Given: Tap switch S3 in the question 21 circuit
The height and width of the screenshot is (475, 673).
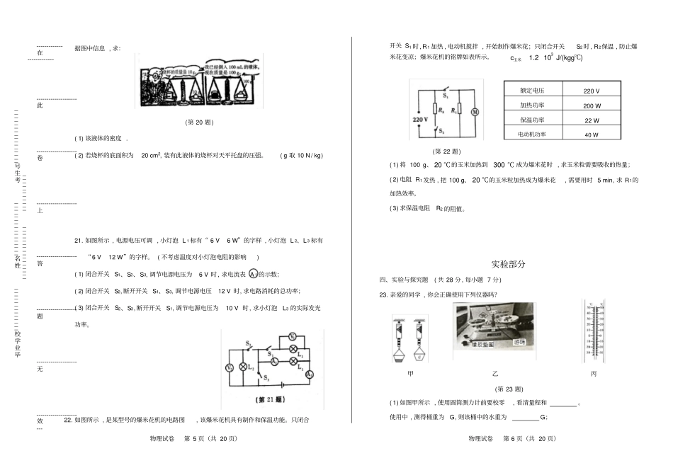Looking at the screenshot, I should pos(261,375).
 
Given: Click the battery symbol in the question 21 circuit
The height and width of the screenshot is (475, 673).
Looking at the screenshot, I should pos(282,386).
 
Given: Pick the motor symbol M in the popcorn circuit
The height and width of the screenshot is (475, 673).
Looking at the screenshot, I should pos(475,111).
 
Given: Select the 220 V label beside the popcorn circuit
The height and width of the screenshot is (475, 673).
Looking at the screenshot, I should pos(422,120).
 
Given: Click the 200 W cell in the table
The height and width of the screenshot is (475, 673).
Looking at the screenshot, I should pos(592,105).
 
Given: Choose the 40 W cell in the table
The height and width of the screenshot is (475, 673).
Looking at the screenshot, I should pos(592,135).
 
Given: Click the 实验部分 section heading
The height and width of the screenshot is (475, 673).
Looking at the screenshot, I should pos(509,264).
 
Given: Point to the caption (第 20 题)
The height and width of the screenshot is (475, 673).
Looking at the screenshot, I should pos(199,122).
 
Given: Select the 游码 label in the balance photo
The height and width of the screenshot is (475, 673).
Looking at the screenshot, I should pos(524,342).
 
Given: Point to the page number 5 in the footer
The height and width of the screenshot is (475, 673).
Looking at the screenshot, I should pos(194,439).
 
